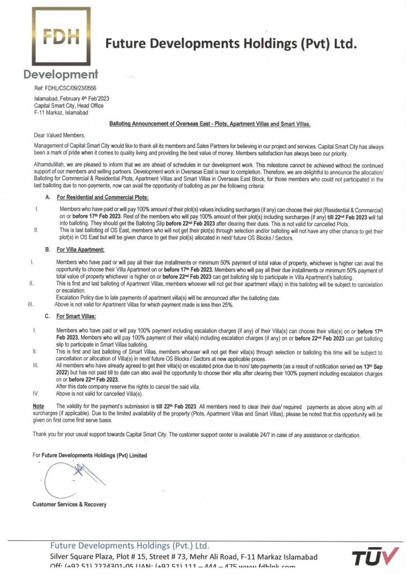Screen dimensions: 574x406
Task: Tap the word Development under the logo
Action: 61,74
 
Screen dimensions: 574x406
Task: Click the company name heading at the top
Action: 230,43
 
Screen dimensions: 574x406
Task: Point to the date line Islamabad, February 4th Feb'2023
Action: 71,99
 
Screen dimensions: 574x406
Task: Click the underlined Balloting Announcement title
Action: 210,123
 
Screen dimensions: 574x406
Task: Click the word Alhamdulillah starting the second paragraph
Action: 49,165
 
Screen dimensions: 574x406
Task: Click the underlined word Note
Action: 38,405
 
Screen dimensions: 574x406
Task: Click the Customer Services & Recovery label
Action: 69,504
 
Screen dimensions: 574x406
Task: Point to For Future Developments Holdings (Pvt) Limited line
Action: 90,456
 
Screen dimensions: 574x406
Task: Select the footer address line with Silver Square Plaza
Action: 183,557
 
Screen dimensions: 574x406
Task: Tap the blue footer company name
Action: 130,545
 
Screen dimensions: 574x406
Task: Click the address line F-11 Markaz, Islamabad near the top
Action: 61,112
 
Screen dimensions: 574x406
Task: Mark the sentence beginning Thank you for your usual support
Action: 196,435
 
